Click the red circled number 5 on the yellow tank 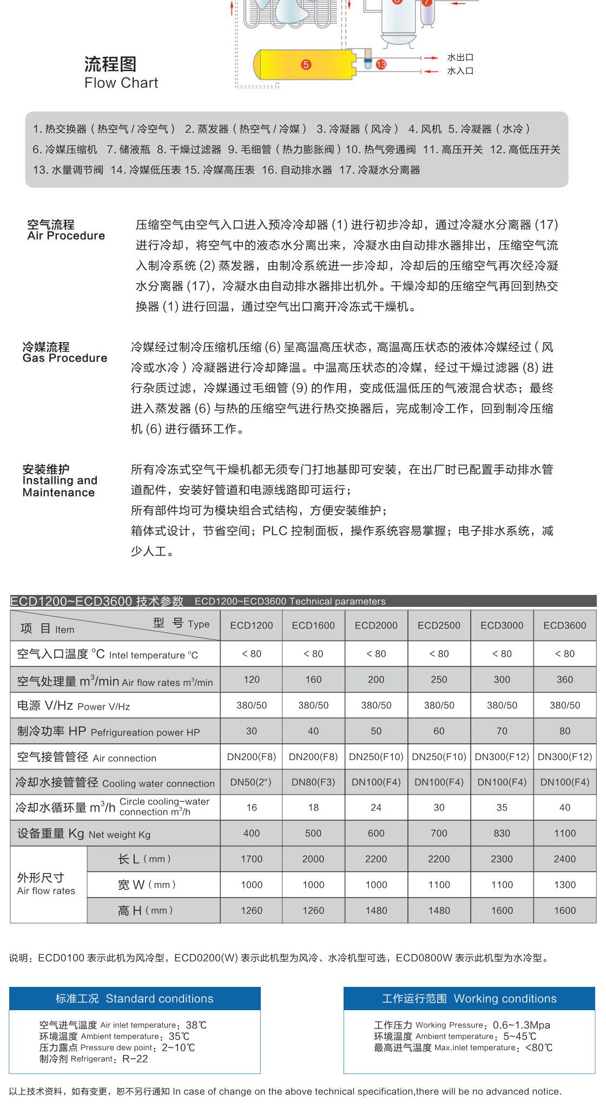coord(306,64)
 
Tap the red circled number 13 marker coord(381,64)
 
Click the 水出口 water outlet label coord(460,57)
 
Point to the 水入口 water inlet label coord(460,71)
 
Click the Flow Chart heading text coord(121,83)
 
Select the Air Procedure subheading coord(66,235)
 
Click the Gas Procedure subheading coord(65,358)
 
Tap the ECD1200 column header coord(252,625)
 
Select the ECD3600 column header coord(564,625)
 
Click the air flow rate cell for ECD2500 coord(439,679)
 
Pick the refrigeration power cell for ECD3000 coord(502,731)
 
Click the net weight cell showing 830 coord(502,833)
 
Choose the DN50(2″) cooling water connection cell coord(252,782)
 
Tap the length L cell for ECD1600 coord(313,859)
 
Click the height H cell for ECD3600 coord(564,911)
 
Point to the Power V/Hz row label coord(74,706)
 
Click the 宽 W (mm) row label coord(146,885)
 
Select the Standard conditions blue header coord(135,999)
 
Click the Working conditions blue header coord(469,999)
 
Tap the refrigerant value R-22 coord(135,1059)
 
